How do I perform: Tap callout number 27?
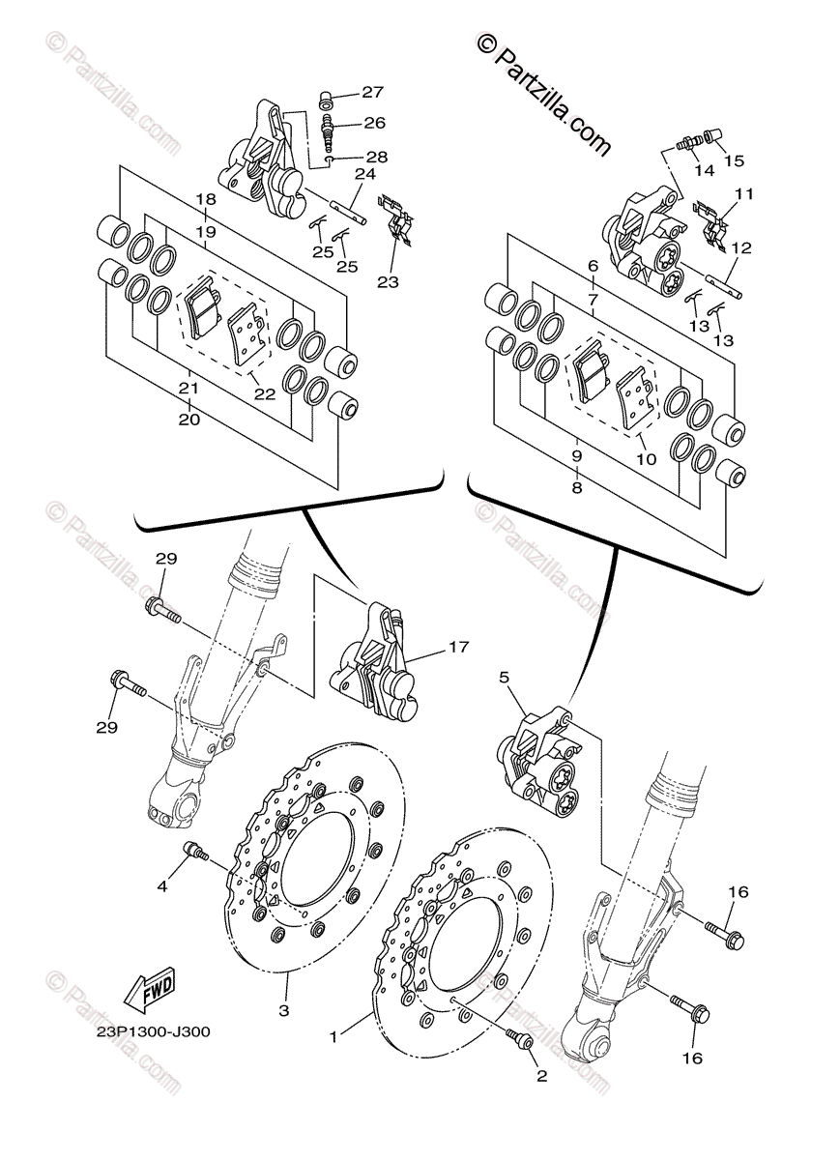click(x=373, y=93)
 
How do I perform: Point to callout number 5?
click(x=504, y=679)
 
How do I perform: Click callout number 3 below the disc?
click(x=284, y=1010)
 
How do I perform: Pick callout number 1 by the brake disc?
click(x=333, y=1036)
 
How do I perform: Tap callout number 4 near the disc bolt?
click(x=163, y=884)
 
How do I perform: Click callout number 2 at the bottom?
click(x=541, y=1075)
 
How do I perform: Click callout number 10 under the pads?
click(x=646, y=460)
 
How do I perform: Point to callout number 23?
click(x=389, y=282)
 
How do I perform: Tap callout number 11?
click(x=742, y=194)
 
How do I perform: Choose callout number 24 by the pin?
click(x=364, y=175)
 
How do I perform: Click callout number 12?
click(x=740, y=247)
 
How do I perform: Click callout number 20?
click(x=189, y=420)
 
